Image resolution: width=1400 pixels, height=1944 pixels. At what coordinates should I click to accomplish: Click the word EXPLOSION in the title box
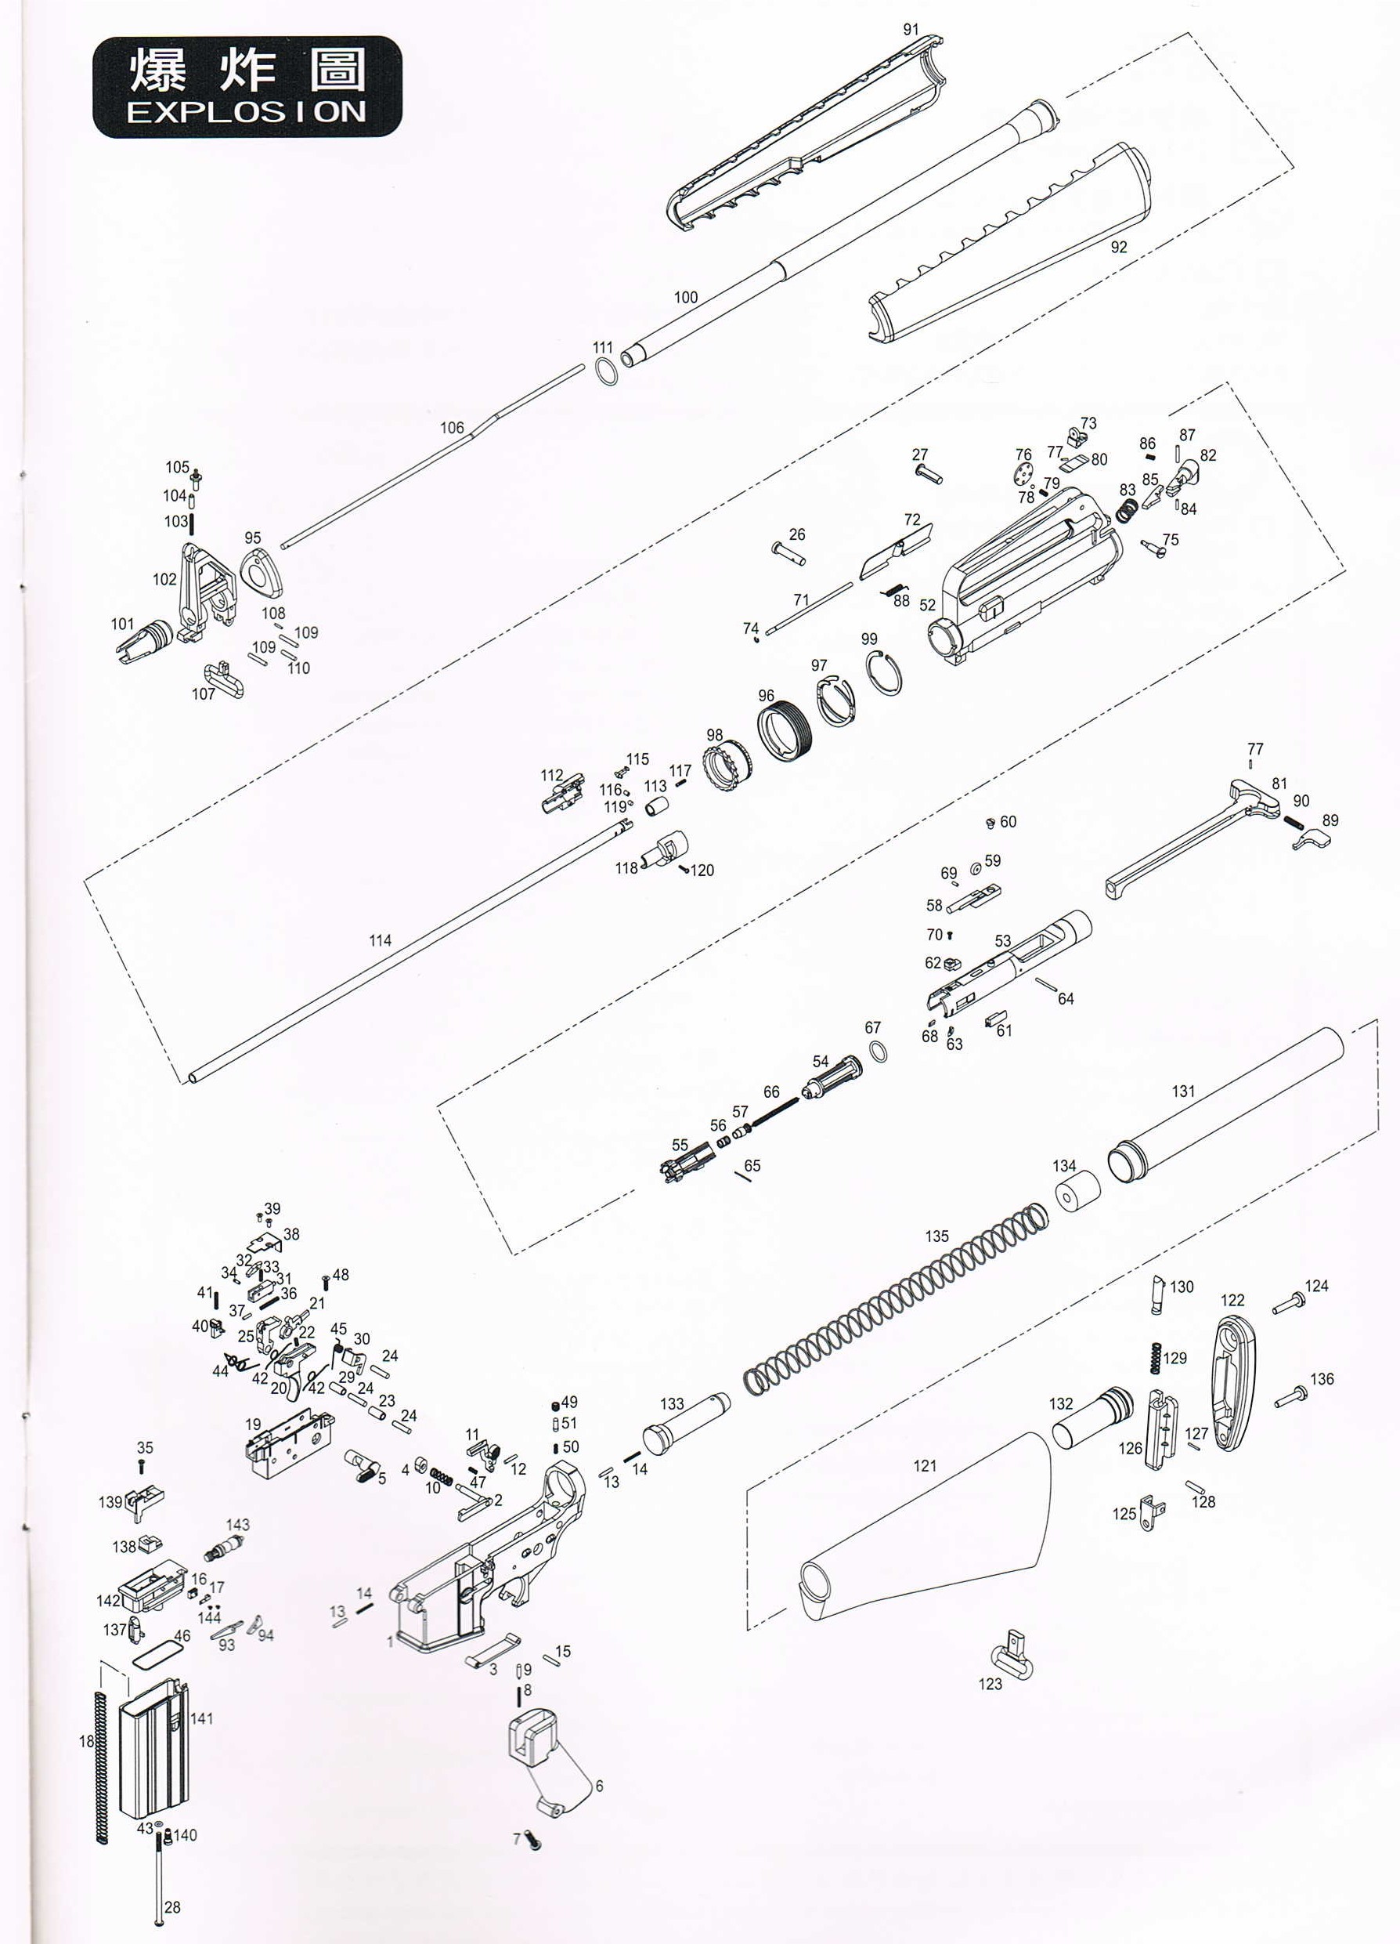pos(247,112)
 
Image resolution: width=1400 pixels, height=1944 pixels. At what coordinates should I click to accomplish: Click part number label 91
pos(911,29)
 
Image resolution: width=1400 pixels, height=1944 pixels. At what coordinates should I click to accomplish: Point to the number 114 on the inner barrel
pos(380,940)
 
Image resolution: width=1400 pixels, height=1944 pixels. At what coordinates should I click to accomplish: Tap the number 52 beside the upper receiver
pos(927,604)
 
